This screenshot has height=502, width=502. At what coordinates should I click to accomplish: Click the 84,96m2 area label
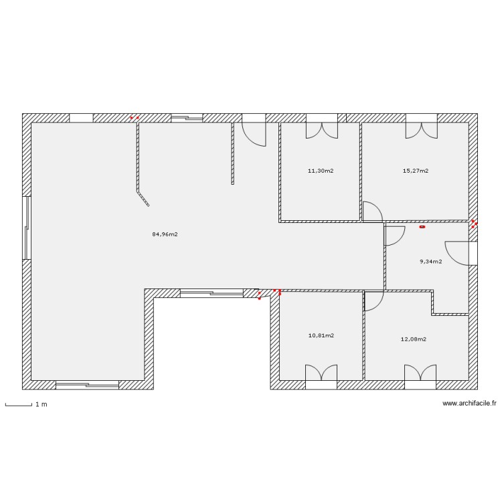[165, 234]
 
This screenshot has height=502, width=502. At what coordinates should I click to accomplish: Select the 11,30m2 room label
[321, 171]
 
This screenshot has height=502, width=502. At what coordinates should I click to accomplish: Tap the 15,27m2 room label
[415, 171]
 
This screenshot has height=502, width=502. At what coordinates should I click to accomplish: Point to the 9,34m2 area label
[430, 262]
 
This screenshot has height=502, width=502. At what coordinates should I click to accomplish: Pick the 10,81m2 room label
[321, 335]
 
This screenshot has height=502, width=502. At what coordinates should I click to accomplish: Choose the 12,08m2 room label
[413, 339]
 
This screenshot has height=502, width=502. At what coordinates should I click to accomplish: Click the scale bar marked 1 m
[19, 404]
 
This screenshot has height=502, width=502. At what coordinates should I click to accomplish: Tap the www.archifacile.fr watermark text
[469, 404]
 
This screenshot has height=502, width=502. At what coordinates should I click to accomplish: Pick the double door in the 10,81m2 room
[321, 375]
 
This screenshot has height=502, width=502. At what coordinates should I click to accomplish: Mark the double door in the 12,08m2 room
[420, 375]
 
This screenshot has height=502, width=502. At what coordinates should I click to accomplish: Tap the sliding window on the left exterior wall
[27, 228]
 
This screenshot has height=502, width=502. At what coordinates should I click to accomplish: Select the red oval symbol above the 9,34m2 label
[422, 227]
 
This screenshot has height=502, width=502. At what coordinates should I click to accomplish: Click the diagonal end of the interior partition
[143, 199]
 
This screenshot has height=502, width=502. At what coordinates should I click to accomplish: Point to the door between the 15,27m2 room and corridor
[372, 212]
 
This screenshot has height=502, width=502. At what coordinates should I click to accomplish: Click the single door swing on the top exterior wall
[254, 133]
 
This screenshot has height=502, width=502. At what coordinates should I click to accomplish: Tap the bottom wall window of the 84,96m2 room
[87, 385]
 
